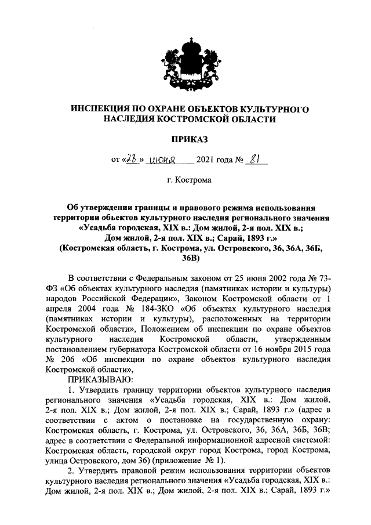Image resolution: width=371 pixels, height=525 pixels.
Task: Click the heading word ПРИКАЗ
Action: (189, 139)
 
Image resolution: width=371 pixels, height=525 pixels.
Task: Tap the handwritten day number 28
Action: (132, 158)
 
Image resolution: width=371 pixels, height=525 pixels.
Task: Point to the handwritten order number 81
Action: (254, 158)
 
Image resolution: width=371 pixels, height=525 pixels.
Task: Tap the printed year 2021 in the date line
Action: (208, 160)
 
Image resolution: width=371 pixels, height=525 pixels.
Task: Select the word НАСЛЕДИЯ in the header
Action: (129, 119)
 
